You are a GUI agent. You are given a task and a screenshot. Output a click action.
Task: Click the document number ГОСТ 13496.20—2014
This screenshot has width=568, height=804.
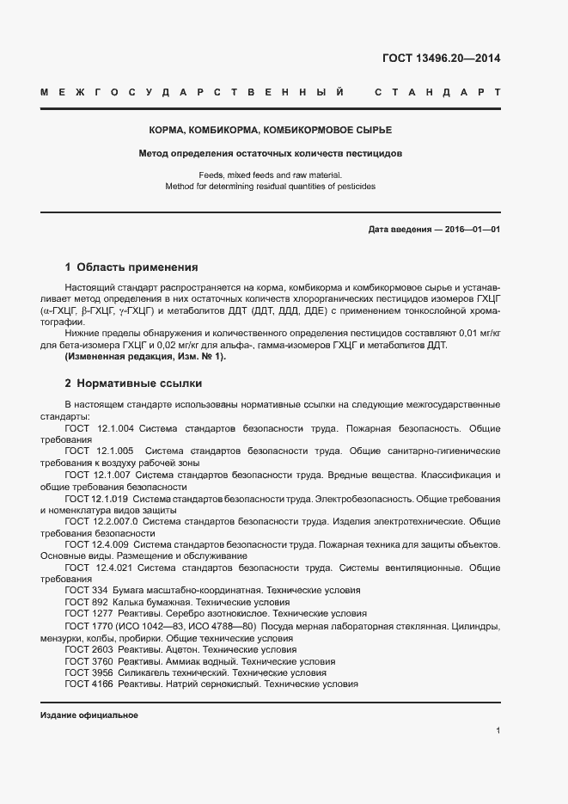coord(441,58)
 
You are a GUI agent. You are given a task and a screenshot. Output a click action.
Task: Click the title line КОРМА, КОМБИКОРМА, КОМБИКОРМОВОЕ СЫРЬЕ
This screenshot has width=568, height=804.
coord(270,130)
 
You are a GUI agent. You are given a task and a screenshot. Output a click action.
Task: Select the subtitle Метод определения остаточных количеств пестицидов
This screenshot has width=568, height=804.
coord(270,154)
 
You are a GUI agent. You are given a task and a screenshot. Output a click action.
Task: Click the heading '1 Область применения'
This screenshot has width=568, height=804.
coord(131,267)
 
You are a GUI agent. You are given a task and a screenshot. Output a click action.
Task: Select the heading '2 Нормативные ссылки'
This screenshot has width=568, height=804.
coord(133,383)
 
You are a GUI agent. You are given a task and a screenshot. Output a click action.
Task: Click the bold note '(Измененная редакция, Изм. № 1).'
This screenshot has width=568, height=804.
coord(131,357)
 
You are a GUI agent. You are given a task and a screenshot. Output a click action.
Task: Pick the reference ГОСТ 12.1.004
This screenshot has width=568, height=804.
coord(99,427)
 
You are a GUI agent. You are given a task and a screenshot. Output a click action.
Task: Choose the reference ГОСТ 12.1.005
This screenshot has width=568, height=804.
coord(99,451)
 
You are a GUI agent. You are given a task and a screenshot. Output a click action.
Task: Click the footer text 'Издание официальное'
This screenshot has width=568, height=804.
coord(89,715)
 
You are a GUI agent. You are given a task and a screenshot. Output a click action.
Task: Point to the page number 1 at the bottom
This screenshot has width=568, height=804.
coord(498,731)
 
